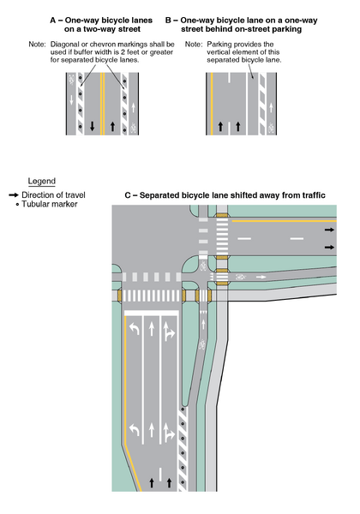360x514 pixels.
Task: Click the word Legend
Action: point(41,182)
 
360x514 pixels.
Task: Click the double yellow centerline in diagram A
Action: point(102,103)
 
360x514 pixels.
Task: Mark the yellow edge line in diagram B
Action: point(208,103)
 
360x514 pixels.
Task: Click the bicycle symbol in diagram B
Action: point(272,128)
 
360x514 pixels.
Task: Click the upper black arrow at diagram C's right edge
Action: point(330,230)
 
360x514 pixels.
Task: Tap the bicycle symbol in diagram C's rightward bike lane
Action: point(243,278)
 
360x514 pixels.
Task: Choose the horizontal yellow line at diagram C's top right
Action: point(283,219)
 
